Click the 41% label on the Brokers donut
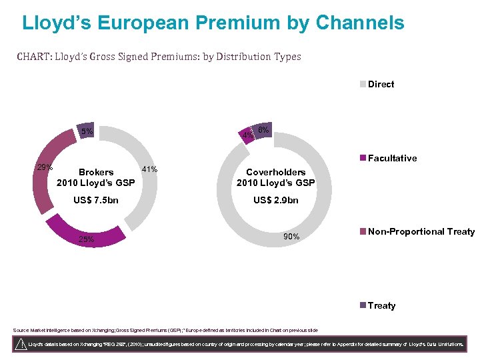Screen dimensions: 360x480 (x=150, y=169)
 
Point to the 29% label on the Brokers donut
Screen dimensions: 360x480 (x=45, y=167)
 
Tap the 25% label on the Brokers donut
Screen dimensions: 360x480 (x=86, y=239)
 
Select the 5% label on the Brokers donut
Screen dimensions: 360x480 (x=87, y=131)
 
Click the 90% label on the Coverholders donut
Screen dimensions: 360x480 (x=291, y=237)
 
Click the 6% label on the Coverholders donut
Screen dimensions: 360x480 (x=263, y=130)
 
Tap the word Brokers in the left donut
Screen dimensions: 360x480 (x=96, y=172)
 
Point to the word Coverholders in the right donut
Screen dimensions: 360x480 (x=276, y=172)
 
